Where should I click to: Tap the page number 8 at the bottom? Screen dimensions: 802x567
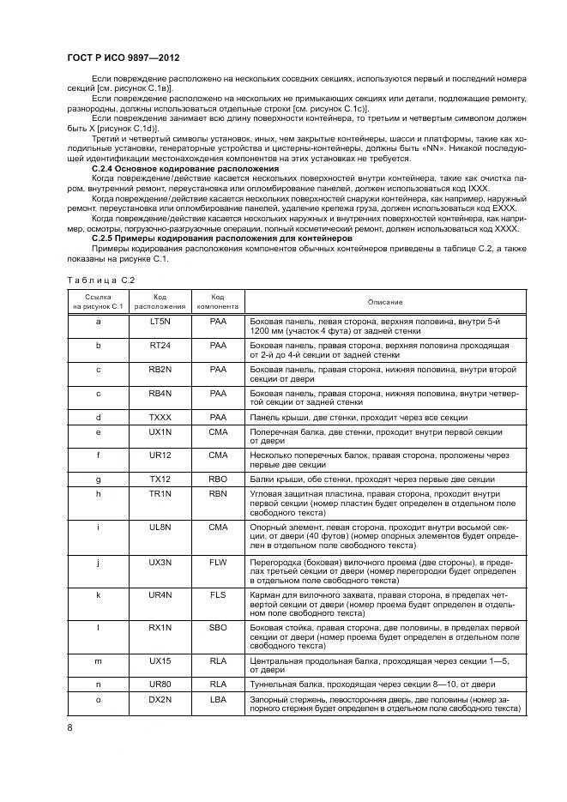click(69, 727)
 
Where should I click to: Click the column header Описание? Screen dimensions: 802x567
click(384, 302)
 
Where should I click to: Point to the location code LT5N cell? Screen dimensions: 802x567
click(160, 322)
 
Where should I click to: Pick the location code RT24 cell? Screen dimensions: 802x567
click(160, 345)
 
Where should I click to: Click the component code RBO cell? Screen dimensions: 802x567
click(218, 479)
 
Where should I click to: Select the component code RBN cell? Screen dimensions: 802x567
click(218, 494)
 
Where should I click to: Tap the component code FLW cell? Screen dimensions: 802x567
click(218, 561)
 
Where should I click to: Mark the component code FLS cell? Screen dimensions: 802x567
click(218, 594)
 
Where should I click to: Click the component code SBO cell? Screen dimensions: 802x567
click(218, 628)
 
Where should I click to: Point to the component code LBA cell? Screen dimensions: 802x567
click(218, 699)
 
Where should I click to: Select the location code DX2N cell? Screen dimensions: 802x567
click(160, 699)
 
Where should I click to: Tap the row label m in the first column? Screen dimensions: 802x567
click(98, 661)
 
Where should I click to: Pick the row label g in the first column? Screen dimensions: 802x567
click(98, 479)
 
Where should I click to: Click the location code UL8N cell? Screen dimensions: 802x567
click(160, 527)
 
